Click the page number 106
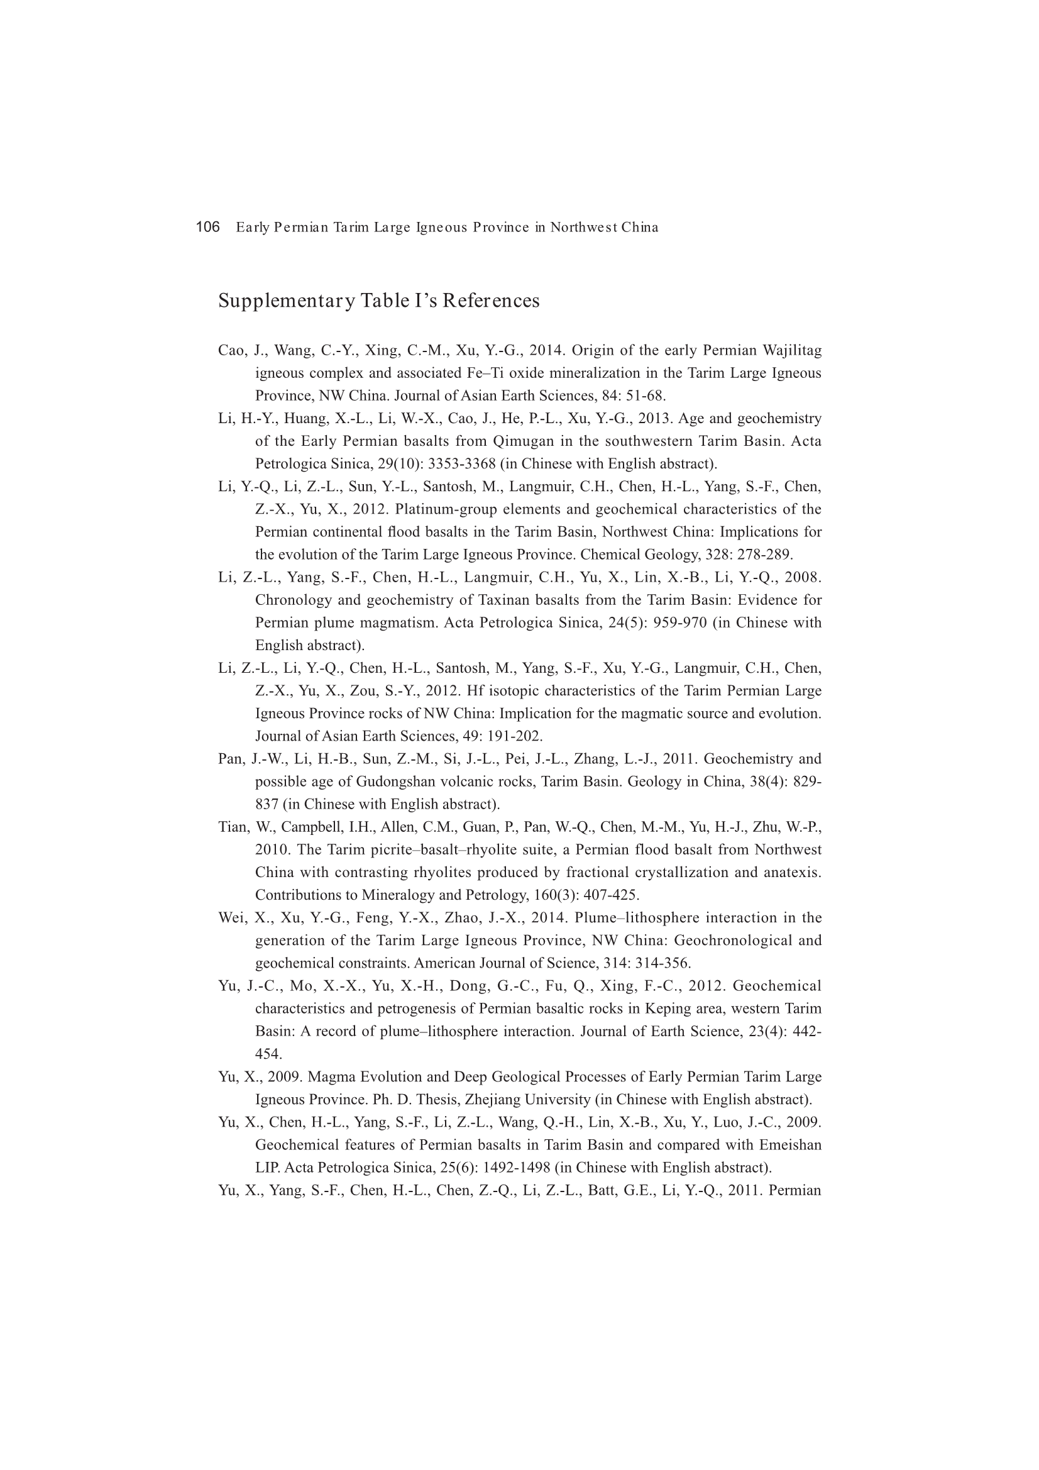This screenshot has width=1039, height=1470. (207, 227)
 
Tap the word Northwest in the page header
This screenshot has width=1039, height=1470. (583, 227)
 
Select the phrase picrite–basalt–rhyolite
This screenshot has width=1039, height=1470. (475, 849)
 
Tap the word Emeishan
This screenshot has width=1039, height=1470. (791, 1144)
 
